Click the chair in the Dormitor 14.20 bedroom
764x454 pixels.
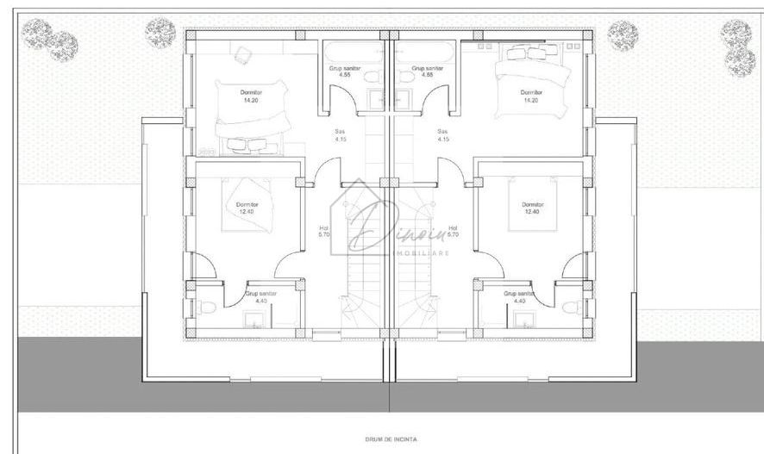tap(243, 55)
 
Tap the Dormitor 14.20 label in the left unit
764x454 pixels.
tap(251, 96)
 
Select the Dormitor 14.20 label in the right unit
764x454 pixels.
tap(531, 96)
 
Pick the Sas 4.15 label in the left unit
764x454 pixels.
tap(341, 134)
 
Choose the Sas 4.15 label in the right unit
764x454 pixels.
tap(443, 134)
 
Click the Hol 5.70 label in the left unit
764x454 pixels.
tap(324, 231)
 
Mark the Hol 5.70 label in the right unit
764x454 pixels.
tap(454, 231)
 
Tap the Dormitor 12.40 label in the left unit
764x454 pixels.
tap(247, 208)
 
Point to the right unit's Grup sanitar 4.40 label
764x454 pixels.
tap(519, 297)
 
